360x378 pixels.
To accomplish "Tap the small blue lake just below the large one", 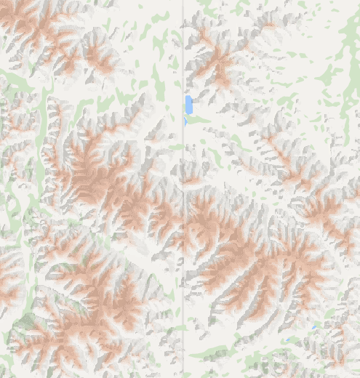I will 185,122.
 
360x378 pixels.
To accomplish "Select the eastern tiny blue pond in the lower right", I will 313,328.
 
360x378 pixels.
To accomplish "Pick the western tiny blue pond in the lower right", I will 290,339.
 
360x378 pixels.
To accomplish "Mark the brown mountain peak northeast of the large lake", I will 219,69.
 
